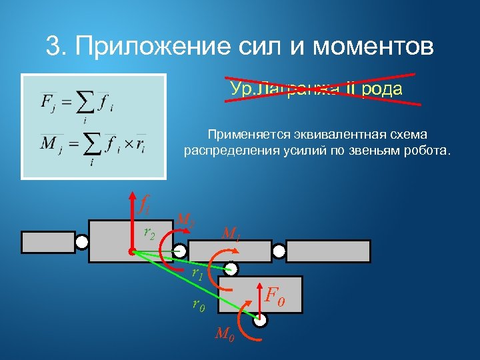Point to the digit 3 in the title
pos(53,47)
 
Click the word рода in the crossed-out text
pos(383,89)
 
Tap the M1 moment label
pos(231,234)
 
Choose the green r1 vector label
pos(197,273)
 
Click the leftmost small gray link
pos(48,242)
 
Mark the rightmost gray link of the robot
pos(328,251)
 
